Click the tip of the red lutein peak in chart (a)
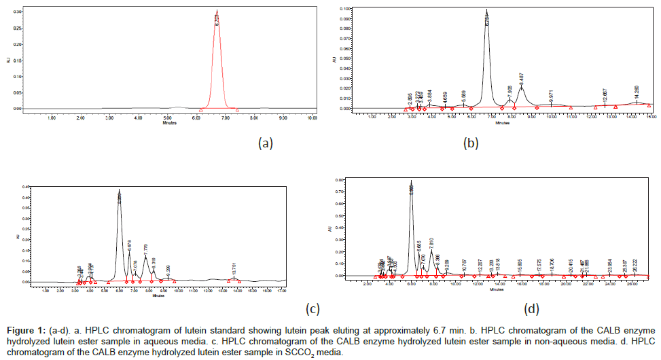click(217, 10)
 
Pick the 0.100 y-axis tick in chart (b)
click(344, 10)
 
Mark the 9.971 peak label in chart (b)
click(551, 96)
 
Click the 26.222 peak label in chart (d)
click(635, 266)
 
